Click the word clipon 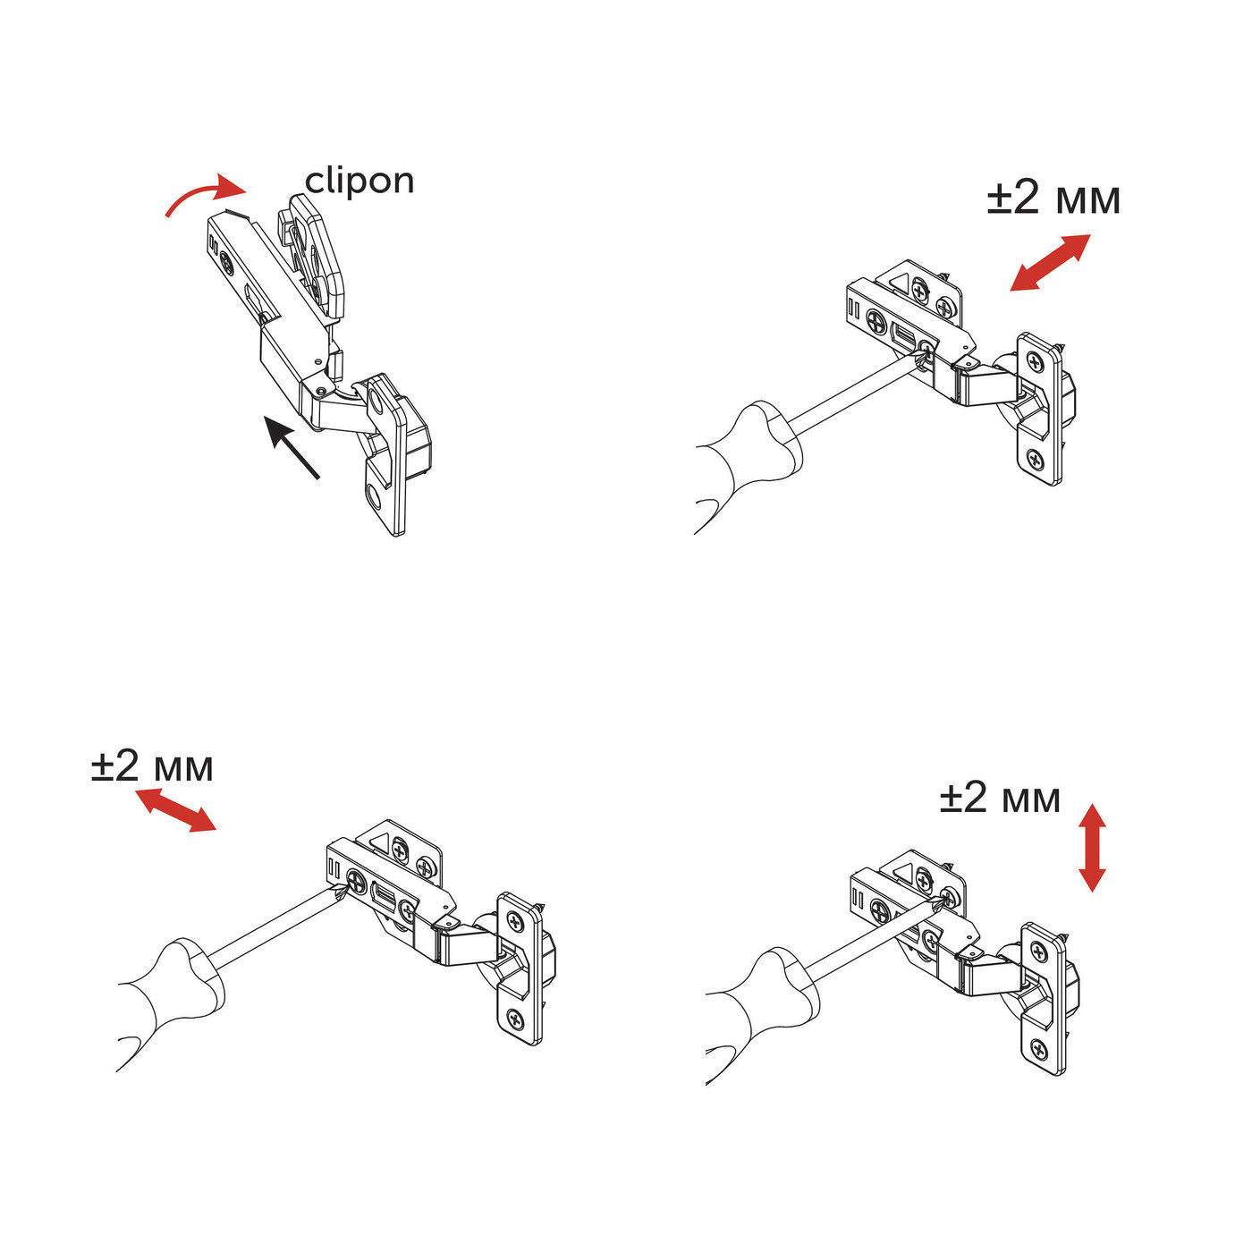pos(360,182)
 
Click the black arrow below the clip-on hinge pos(292,447)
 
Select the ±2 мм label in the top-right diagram pos(1053,198)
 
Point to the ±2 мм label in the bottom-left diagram pos(152,766)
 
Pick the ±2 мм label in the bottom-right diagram pos(1000,797)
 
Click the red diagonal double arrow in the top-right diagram pos(1050,262)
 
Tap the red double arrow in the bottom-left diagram pos(175,809)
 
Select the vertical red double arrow pos(1092,847)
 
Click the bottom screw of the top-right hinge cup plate pos(1036,461)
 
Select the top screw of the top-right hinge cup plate pos(1036,362)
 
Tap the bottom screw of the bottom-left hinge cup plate pos(514,1018)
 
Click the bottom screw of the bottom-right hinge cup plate pos(1038,1050)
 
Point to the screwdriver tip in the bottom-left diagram pos(341,892)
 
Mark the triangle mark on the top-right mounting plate pos(898,285)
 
